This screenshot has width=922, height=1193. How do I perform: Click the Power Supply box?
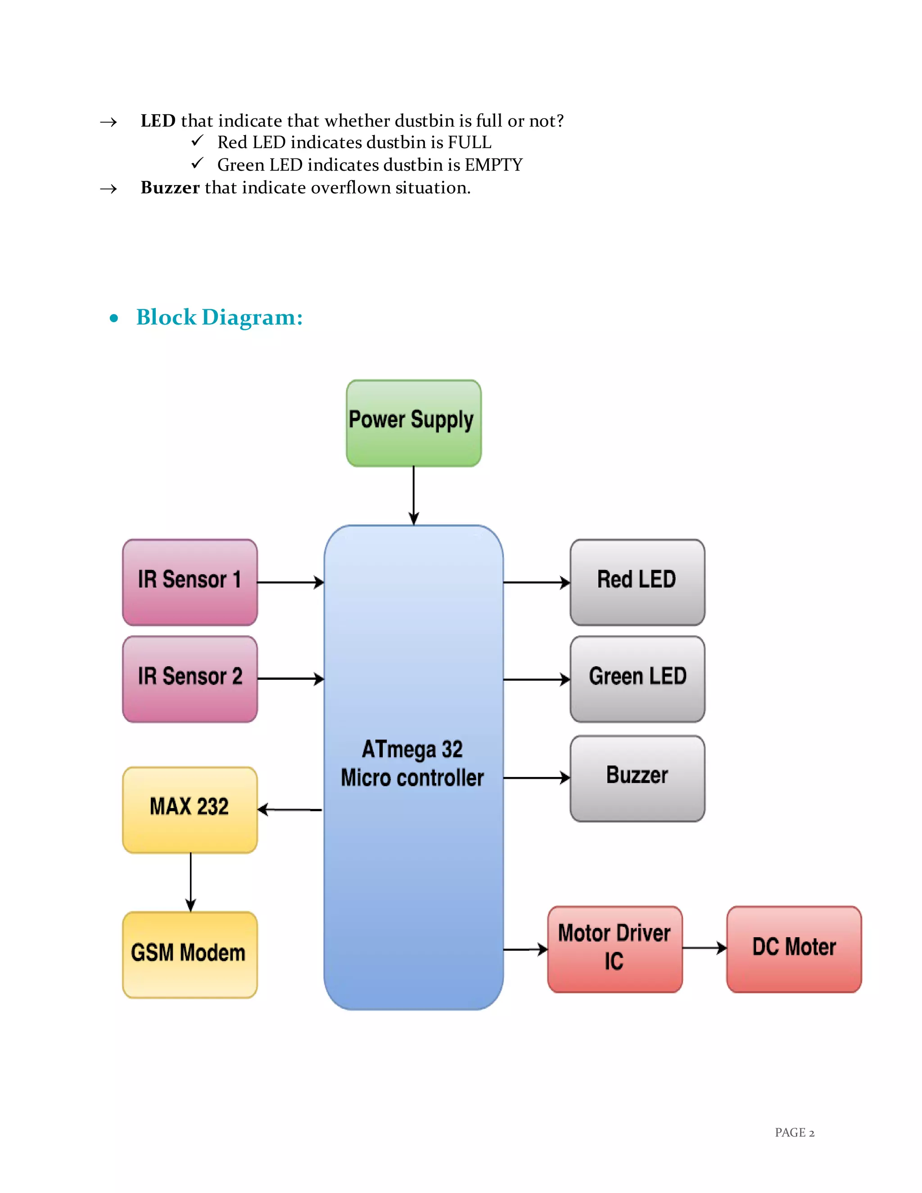[413, 423]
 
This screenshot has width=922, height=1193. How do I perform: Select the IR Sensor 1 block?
[190, 582]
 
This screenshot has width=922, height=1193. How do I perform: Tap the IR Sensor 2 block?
[190, 678]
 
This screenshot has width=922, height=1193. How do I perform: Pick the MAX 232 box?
[190, 809]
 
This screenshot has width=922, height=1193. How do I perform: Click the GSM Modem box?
[190, 954]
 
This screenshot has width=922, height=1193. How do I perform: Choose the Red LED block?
[637, 582]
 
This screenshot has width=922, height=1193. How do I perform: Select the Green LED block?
[637, 678]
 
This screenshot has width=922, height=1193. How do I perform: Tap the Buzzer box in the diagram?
[637, 778]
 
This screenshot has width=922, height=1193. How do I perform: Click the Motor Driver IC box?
[615, 949]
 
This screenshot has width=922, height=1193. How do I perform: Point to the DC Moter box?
[794, 949]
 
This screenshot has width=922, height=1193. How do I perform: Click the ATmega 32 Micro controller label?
[412, 764]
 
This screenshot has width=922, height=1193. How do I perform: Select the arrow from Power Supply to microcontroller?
[413, 495]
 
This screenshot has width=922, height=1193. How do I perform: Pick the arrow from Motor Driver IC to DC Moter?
[704, 948]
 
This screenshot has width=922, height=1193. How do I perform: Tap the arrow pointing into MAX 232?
[289, 809]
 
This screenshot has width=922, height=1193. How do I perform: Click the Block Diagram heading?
[219, 317]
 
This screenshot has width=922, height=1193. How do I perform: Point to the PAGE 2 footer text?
[794, 1132]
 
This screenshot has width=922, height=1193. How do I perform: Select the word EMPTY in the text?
[493, 165]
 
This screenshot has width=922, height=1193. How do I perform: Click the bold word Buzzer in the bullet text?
[170, 188]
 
